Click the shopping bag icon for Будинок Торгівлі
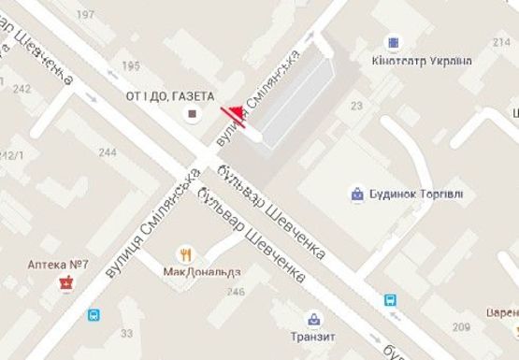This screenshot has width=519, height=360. point(356,194)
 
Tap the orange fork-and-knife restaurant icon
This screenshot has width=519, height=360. point(186,253)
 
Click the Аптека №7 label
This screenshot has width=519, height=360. point(57,265)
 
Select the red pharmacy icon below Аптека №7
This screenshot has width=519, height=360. point(65,282)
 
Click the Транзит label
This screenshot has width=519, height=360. point(312,337)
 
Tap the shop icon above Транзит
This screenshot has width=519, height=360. point(311,318)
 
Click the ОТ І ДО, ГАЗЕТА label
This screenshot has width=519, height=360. point(170,96)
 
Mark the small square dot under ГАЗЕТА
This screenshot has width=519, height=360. point(193,114)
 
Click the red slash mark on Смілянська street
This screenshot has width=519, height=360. point(233,116)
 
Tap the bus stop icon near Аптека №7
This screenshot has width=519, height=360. point(94,315)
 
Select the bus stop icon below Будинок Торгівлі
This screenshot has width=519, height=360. point(390,301)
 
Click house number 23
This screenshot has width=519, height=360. point(355,107)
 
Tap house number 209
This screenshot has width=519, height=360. point(460,327)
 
